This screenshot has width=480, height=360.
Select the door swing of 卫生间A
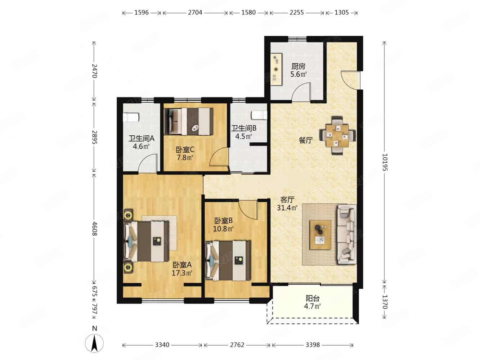[147, 163]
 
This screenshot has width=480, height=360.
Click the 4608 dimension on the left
[94, 229]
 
